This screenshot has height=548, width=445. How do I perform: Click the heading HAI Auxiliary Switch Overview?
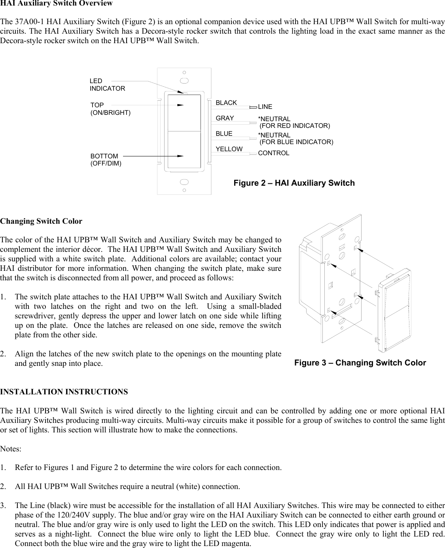coord(57,4)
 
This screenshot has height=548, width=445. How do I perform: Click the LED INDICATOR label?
coord(107,85)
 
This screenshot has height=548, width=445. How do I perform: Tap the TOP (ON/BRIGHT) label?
coord(110,108)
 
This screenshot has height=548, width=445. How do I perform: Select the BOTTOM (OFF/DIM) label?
coord(106,160)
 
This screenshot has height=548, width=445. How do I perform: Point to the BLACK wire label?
coord(226,103)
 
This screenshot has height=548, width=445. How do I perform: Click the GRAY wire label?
coord(225,118)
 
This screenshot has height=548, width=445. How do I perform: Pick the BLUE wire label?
coord(224,134)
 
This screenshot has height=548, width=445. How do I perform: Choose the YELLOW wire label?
coord(229,149)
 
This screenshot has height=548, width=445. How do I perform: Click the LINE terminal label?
coord(265,107)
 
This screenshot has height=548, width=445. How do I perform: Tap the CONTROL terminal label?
coord(273,153)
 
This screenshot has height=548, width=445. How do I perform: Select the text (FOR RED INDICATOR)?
coord(295,126)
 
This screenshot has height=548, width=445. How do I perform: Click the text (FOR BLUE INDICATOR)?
coord(296,142)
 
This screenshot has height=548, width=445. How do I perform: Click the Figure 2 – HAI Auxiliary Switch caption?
coord(294,183)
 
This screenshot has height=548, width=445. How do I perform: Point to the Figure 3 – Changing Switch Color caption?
coord(360,363)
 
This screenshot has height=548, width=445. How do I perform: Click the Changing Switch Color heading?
coord(41,221)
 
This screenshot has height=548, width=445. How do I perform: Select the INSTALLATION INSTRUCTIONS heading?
coord(64,392)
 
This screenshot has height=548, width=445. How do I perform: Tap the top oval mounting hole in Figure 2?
coord(184,81)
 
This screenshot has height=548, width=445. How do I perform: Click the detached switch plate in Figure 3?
coord(394,309)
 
